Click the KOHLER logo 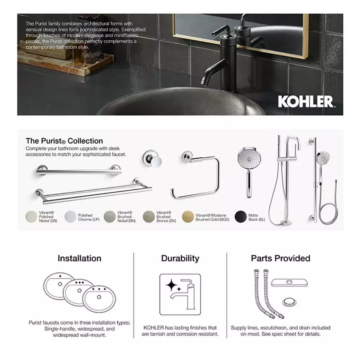[x=306, y=101]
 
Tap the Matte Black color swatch [x=240, y=216]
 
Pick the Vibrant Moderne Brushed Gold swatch [x=188, y=216]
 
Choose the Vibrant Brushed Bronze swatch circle [x=148, y=216]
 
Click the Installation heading [x=79, y=258]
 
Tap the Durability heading [x=180, y=258]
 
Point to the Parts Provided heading [x=280, y=258]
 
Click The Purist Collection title [x=64, y=141]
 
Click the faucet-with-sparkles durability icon [x=180, y=294]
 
